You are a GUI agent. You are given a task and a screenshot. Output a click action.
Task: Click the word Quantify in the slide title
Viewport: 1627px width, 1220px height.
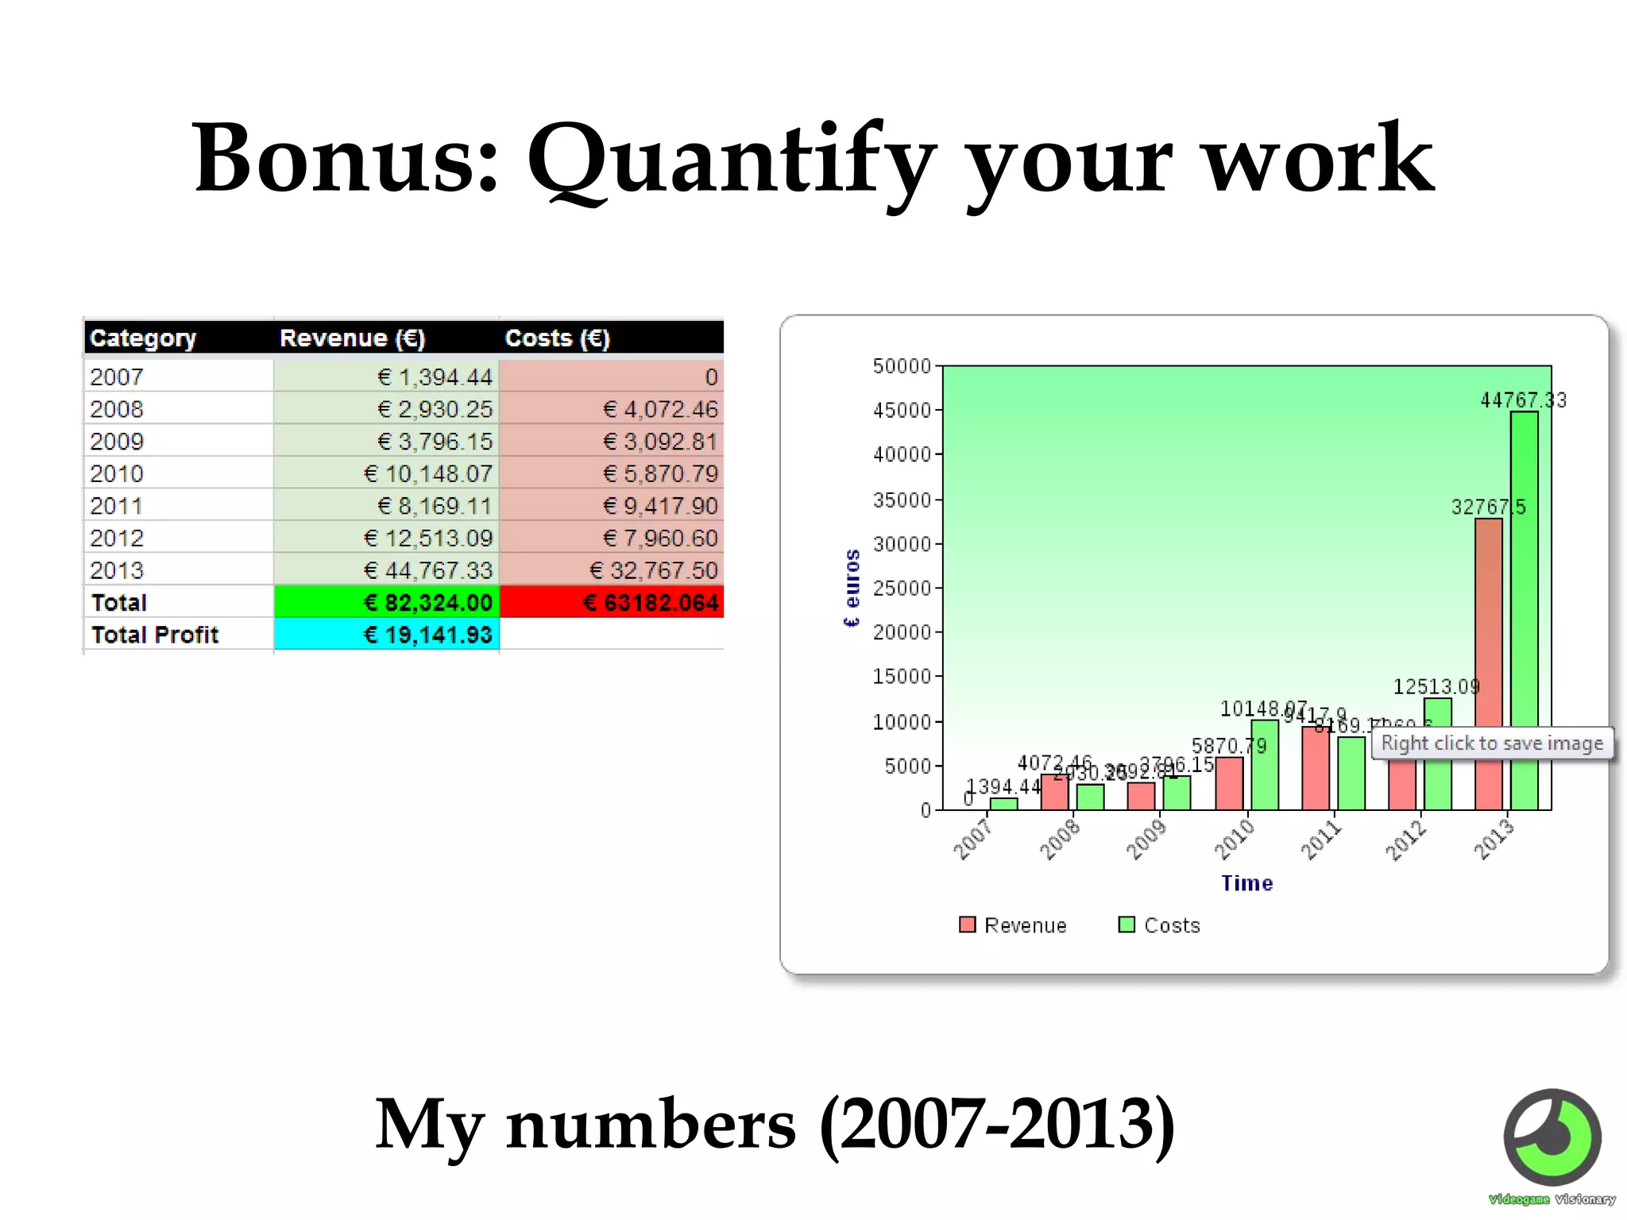(731, 159)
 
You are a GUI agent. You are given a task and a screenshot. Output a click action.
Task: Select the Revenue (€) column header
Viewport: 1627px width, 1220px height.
(352, 338)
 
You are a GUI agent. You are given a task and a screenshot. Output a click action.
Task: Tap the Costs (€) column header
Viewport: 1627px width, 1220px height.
(557, 338)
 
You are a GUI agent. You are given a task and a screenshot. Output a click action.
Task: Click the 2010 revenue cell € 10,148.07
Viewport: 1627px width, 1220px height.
(427, 474)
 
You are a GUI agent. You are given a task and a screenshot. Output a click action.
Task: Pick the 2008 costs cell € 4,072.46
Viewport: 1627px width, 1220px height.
(659, 410)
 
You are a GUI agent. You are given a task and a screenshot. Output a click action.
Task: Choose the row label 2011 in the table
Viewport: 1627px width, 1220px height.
(117, 506)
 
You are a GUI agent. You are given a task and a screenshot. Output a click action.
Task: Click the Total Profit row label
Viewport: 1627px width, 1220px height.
(155, 635)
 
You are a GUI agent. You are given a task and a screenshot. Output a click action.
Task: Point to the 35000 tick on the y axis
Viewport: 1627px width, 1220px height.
(902, 500)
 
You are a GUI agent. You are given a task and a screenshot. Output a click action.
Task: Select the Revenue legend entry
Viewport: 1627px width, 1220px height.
(1014, 925)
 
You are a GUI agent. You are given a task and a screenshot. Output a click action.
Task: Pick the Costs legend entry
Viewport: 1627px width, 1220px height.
(1160, 925)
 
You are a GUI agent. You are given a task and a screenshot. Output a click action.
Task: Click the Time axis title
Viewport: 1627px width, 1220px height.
(1246, 883)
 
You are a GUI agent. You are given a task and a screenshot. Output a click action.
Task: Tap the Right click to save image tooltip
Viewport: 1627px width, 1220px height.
(1492, 743)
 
